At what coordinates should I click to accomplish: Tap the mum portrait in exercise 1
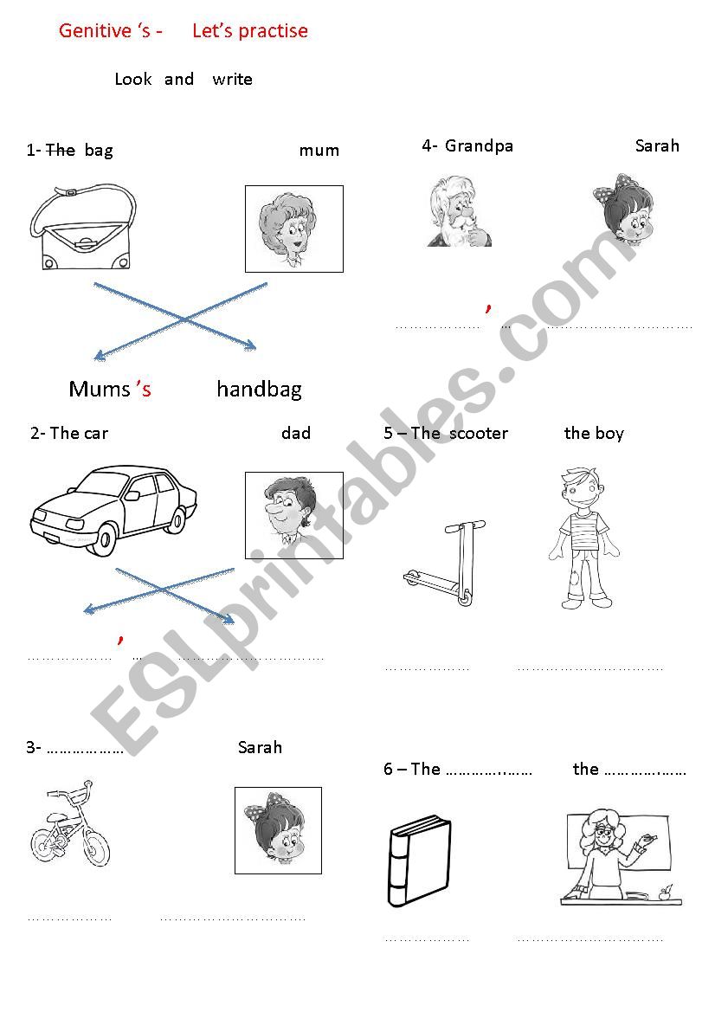(293, 229)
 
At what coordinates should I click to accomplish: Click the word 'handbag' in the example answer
(259, 390)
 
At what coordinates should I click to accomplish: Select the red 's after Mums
(143, 390)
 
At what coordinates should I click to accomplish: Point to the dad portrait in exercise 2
(293, 514)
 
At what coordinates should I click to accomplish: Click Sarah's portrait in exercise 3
(278, 829)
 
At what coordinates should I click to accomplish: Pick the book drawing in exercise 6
(418, 861)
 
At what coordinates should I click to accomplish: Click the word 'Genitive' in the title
(94, 31)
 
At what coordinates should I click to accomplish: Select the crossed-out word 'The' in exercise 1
(60, 150)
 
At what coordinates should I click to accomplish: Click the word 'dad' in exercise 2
(296, 433)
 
